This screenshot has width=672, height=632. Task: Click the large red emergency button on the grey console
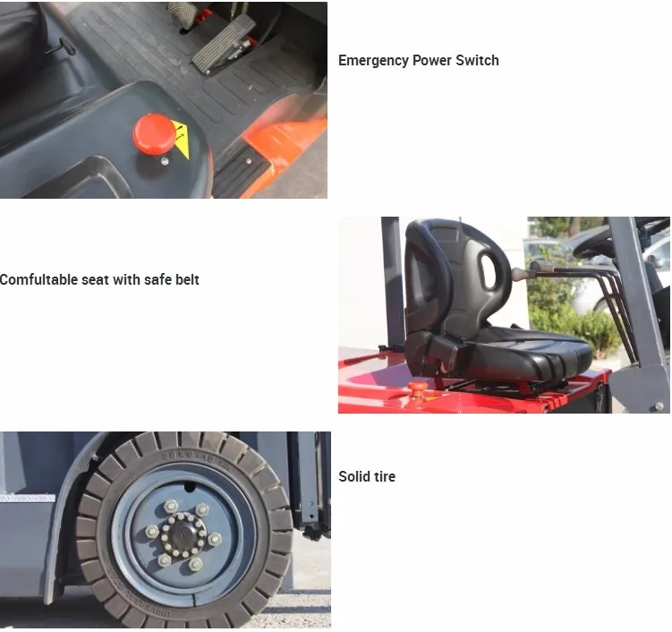154,134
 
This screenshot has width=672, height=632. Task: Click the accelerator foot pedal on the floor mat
224,43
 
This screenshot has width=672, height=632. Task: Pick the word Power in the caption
432,61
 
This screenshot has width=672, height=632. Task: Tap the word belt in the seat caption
187,279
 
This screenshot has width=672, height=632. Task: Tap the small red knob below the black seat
417,388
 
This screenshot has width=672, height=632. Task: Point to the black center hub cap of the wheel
183,535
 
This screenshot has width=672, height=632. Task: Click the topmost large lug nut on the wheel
171,506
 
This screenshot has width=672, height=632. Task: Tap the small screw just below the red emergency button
164,161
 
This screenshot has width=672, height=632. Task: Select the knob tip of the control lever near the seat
519,274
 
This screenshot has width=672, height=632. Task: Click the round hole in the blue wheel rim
190,487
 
